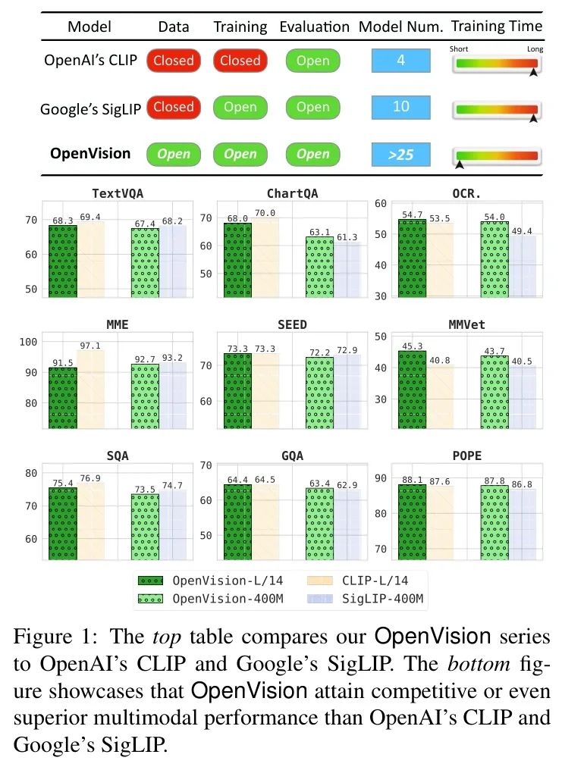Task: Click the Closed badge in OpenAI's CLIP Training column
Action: click(240, 61)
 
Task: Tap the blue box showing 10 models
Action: click(400, 107)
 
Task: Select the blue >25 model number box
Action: click(400, 155)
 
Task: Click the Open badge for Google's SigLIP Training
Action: click(240, 108)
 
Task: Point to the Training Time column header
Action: click(497, 27)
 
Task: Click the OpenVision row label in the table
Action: click(90, 154)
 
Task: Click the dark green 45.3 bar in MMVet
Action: click(412, 390)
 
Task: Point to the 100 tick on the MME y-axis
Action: click(28, 342)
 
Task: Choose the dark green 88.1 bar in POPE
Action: click(412, 522)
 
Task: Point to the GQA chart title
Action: click(292, 456)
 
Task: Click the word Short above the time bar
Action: click(458, 49)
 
